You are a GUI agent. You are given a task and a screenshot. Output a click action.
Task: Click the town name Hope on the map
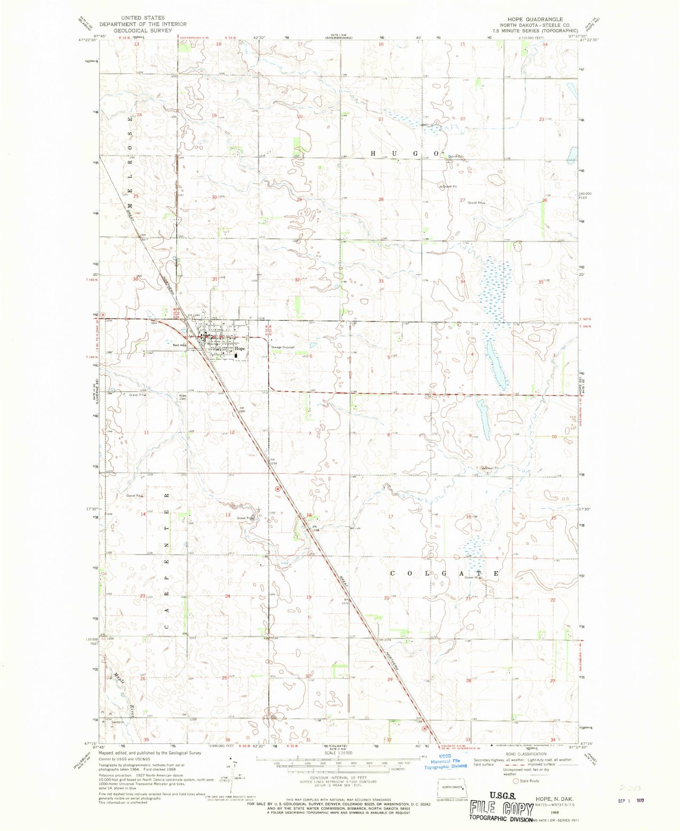pos(240,348)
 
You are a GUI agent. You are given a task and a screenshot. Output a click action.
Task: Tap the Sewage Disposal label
pos(282,347)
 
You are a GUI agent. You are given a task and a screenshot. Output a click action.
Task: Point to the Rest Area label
pos(180,345)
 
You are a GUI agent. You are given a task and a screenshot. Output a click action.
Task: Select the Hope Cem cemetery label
pos(182,397)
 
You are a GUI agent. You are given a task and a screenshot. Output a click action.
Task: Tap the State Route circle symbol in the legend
pos(516,781)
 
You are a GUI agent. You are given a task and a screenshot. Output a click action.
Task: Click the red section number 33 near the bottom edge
pos(468,740)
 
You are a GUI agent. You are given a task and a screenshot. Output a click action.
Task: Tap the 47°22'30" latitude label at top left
pos(88,40)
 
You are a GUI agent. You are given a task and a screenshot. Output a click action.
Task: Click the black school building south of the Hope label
pos(236,356)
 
